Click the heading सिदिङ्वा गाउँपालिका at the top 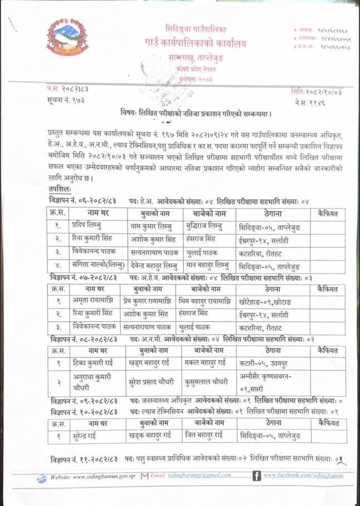pyautogui.click(x=195, y=28)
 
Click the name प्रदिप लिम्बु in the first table pyautogui.click(x=86, y=226)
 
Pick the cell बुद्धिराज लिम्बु pyautogui.click(x=205, y=226)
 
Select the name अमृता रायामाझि pyautogui.click(x=89, y=302)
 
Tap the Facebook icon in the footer pyautogui.click(x=257, y=476)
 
